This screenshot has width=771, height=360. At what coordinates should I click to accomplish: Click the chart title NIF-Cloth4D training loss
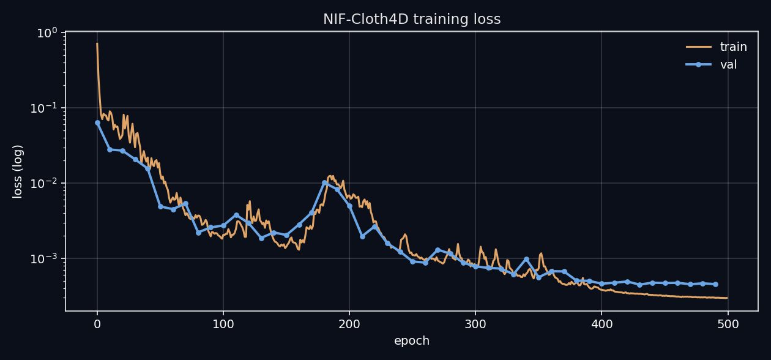(412, 20)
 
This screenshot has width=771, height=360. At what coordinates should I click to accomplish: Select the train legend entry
(733, 47)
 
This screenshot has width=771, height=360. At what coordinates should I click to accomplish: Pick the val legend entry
(728, 64)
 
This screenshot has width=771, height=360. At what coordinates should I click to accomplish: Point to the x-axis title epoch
(412, 341)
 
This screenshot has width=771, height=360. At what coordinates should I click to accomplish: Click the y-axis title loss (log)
(18, 171)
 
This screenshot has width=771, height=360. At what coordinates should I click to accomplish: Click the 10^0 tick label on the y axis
(47, 32)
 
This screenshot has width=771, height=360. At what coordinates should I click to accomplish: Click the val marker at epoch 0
(97, 122)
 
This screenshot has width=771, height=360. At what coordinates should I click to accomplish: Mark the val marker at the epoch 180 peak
(324, 182)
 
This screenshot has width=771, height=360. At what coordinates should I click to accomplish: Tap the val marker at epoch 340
(526, 259)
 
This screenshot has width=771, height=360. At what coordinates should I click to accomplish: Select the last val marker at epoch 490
(715, 284)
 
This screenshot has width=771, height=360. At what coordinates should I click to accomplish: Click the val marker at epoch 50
(160, 206)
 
